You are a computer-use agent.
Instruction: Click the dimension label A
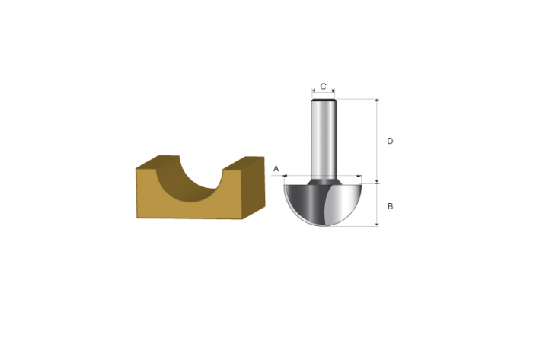point(276,168)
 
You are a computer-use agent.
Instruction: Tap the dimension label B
point(390,206)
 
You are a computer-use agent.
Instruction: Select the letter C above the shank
point(324,87)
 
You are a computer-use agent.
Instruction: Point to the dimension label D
point(390,141)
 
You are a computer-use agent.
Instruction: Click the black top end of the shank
point(324,100)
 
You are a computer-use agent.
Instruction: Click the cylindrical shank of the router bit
point(324,139)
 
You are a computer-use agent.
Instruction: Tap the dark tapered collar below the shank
point(324,181)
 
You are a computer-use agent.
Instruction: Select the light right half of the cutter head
point(343,203)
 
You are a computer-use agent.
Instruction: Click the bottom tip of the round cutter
point(324,226)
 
